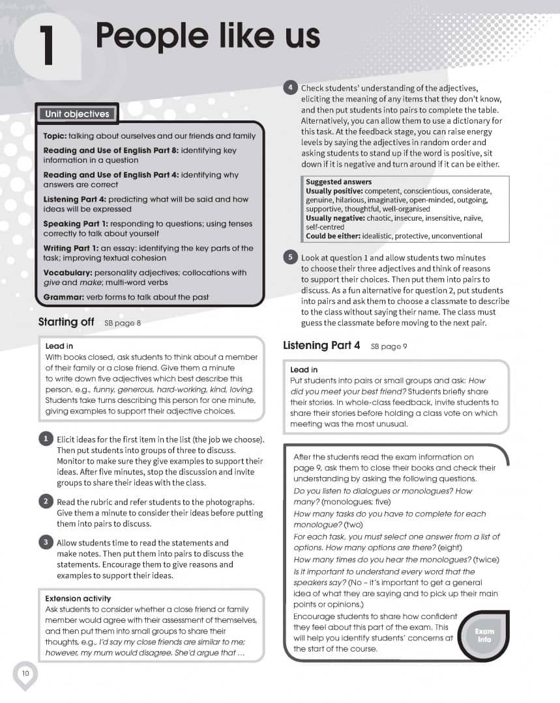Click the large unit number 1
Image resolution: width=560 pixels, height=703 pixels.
46,46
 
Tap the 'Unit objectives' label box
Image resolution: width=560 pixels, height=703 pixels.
77,115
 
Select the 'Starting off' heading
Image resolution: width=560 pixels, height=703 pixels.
66,322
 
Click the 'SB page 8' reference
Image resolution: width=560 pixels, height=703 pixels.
123,323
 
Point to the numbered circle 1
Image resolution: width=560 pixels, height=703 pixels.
45,439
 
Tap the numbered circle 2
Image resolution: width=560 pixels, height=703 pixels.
45,501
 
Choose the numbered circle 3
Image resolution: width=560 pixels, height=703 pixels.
45,542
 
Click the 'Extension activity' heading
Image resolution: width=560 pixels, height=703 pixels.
78,598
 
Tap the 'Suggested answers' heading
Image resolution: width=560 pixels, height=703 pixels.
338,182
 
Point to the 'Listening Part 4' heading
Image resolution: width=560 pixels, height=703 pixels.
321,346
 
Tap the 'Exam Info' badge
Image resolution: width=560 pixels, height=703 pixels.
484,635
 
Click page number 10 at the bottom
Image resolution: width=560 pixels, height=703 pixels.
25,672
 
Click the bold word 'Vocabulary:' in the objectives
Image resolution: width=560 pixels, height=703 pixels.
68,273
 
